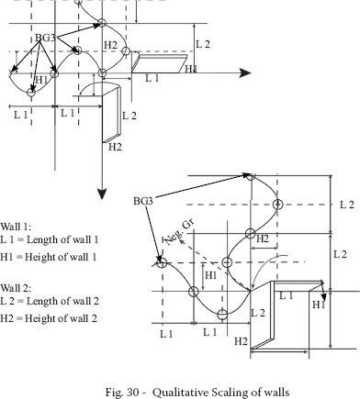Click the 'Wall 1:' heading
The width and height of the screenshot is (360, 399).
(16, 227)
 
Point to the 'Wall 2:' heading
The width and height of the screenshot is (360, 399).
(16, 288)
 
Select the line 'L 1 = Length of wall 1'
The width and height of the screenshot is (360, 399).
(50, 239)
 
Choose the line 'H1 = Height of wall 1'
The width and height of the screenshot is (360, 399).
(49, 257)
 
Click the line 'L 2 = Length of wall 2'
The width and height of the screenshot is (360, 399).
(50, 301)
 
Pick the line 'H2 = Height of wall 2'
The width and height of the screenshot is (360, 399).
(49, 318)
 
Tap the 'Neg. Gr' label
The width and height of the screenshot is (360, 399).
(179, 233)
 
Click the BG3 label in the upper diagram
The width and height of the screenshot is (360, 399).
(45, 38)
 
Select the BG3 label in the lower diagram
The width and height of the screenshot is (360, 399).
(143, 201)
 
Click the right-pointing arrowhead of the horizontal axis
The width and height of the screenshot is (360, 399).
(245, 73)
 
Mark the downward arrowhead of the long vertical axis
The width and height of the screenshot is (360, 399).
(102, 194)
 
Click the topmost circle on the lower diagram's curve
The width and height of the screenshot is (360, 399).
(251, 176)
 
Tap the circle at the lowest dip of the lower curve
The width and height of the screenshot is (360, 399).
(222, 314)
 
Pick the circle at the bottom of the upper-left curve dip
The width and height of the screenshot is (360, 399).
(30, 92)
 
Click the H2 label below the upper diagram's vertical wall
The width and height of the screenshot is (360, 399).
(115, 147)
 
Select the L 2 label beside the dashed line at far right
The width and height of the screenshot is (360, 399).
(347, 205)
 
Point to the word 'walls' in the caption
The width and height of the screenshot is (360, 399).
(276, 392)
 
